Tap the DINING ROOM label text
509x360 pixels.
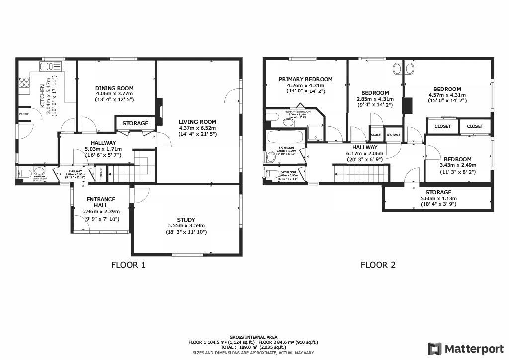click(x=114, y=88)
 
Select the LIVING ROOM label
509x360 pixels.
click(x=197, y=122)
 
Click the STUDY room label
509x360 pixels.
click(x=186, y=220)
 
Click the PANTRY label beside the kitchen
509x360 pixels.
click(x=23, y=114)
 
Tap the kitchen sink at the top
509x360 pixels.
click(x=51, y=66)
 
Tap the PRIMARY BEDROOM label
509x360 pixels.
click(x=305, y=79)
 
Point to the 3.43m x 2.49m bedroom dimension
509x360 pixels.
click(x=458, y=165)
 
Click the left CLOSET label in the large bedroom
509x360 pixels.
click(x=442, y=126)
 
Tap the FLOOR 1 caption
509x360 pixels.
click(x=128, y=265)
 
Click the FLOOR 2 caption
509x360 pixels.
click(x=378, y=265)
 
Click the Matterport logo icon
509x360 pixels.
click(x=435, y=348)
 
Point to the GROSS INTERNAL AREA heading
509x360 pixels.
click(x=254, y=337)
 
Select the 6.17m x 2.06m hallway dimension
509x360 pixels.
click(x=365, y=154)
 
